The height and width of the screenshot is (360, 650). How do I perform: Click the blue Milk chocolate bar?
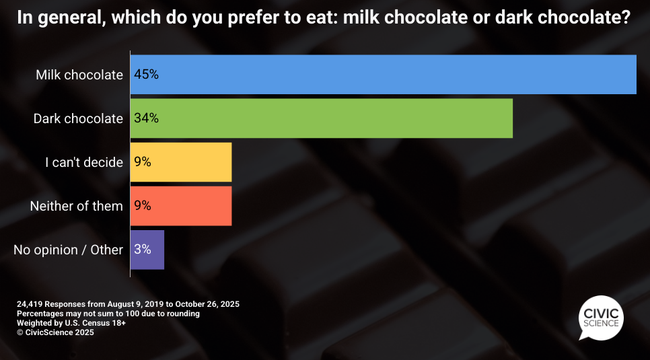pos(383,75)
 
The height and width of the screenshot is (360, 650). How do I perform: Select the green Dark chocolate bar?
pos(321,118)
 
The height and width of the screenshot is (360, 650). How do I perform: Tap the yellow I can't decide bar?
pos(180,162)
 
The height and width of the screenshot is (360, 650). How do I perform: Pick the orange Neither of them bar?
pos(180,206)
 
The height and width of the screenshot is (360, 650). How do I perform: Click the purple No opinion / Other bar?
pos(147,250)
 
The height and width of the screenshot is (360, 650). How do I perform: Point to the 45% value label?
pos(146,75)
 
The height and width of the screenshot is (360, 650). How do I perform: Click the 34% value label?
pos(146,118)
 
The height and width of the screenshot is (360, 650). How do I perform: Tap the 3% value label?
pos(142,250)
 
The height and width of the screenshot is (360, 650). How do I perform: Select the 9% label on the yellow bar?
pos(142,162)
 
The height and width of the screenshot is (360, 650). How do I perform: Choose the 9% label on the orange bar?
pos(142,206)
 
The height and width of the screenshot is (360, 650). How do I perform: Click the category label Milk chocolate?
pos(79,75)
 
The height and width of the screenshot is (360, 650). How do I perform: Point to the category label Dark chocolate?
pos(78,118)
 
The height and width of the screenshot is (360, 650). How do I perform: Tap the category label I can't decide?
pos(84,162)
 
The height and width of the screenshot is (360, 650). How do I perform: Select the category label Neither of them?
pos(77,206)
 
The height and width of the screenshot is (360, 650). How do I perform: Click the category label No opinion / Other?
pos(68,250)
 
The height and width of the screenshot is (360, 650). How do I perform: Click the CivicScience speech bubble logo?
pos(600,316)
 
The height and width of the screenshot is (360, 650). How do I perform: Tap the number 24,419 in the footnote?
pos(30,304)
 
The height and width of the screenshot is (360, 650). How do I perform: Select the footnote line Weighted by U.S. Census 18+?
pos(71,323)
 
